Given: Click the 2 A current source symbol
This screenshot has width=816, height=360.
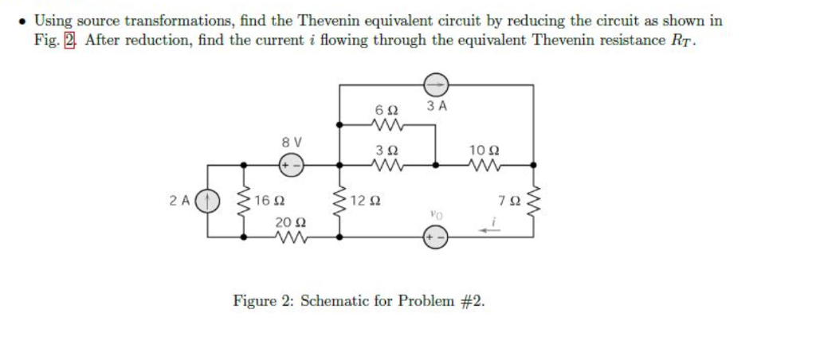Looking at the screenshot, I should point(209,201).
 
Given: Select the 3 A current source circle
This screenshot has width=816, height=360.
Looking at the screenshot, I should point(435,84).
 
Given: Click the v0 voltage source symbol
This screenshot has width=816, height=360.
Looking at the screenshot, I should point(435,237).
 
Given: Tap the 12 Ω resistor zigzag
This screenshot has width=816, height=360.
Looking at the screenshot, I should point(341,201).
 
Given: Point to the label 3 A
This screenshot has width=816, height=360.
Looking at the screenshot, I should point(436,106).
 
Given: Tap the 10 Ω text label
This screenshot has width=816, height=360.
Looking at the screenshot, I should point(484,149).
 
